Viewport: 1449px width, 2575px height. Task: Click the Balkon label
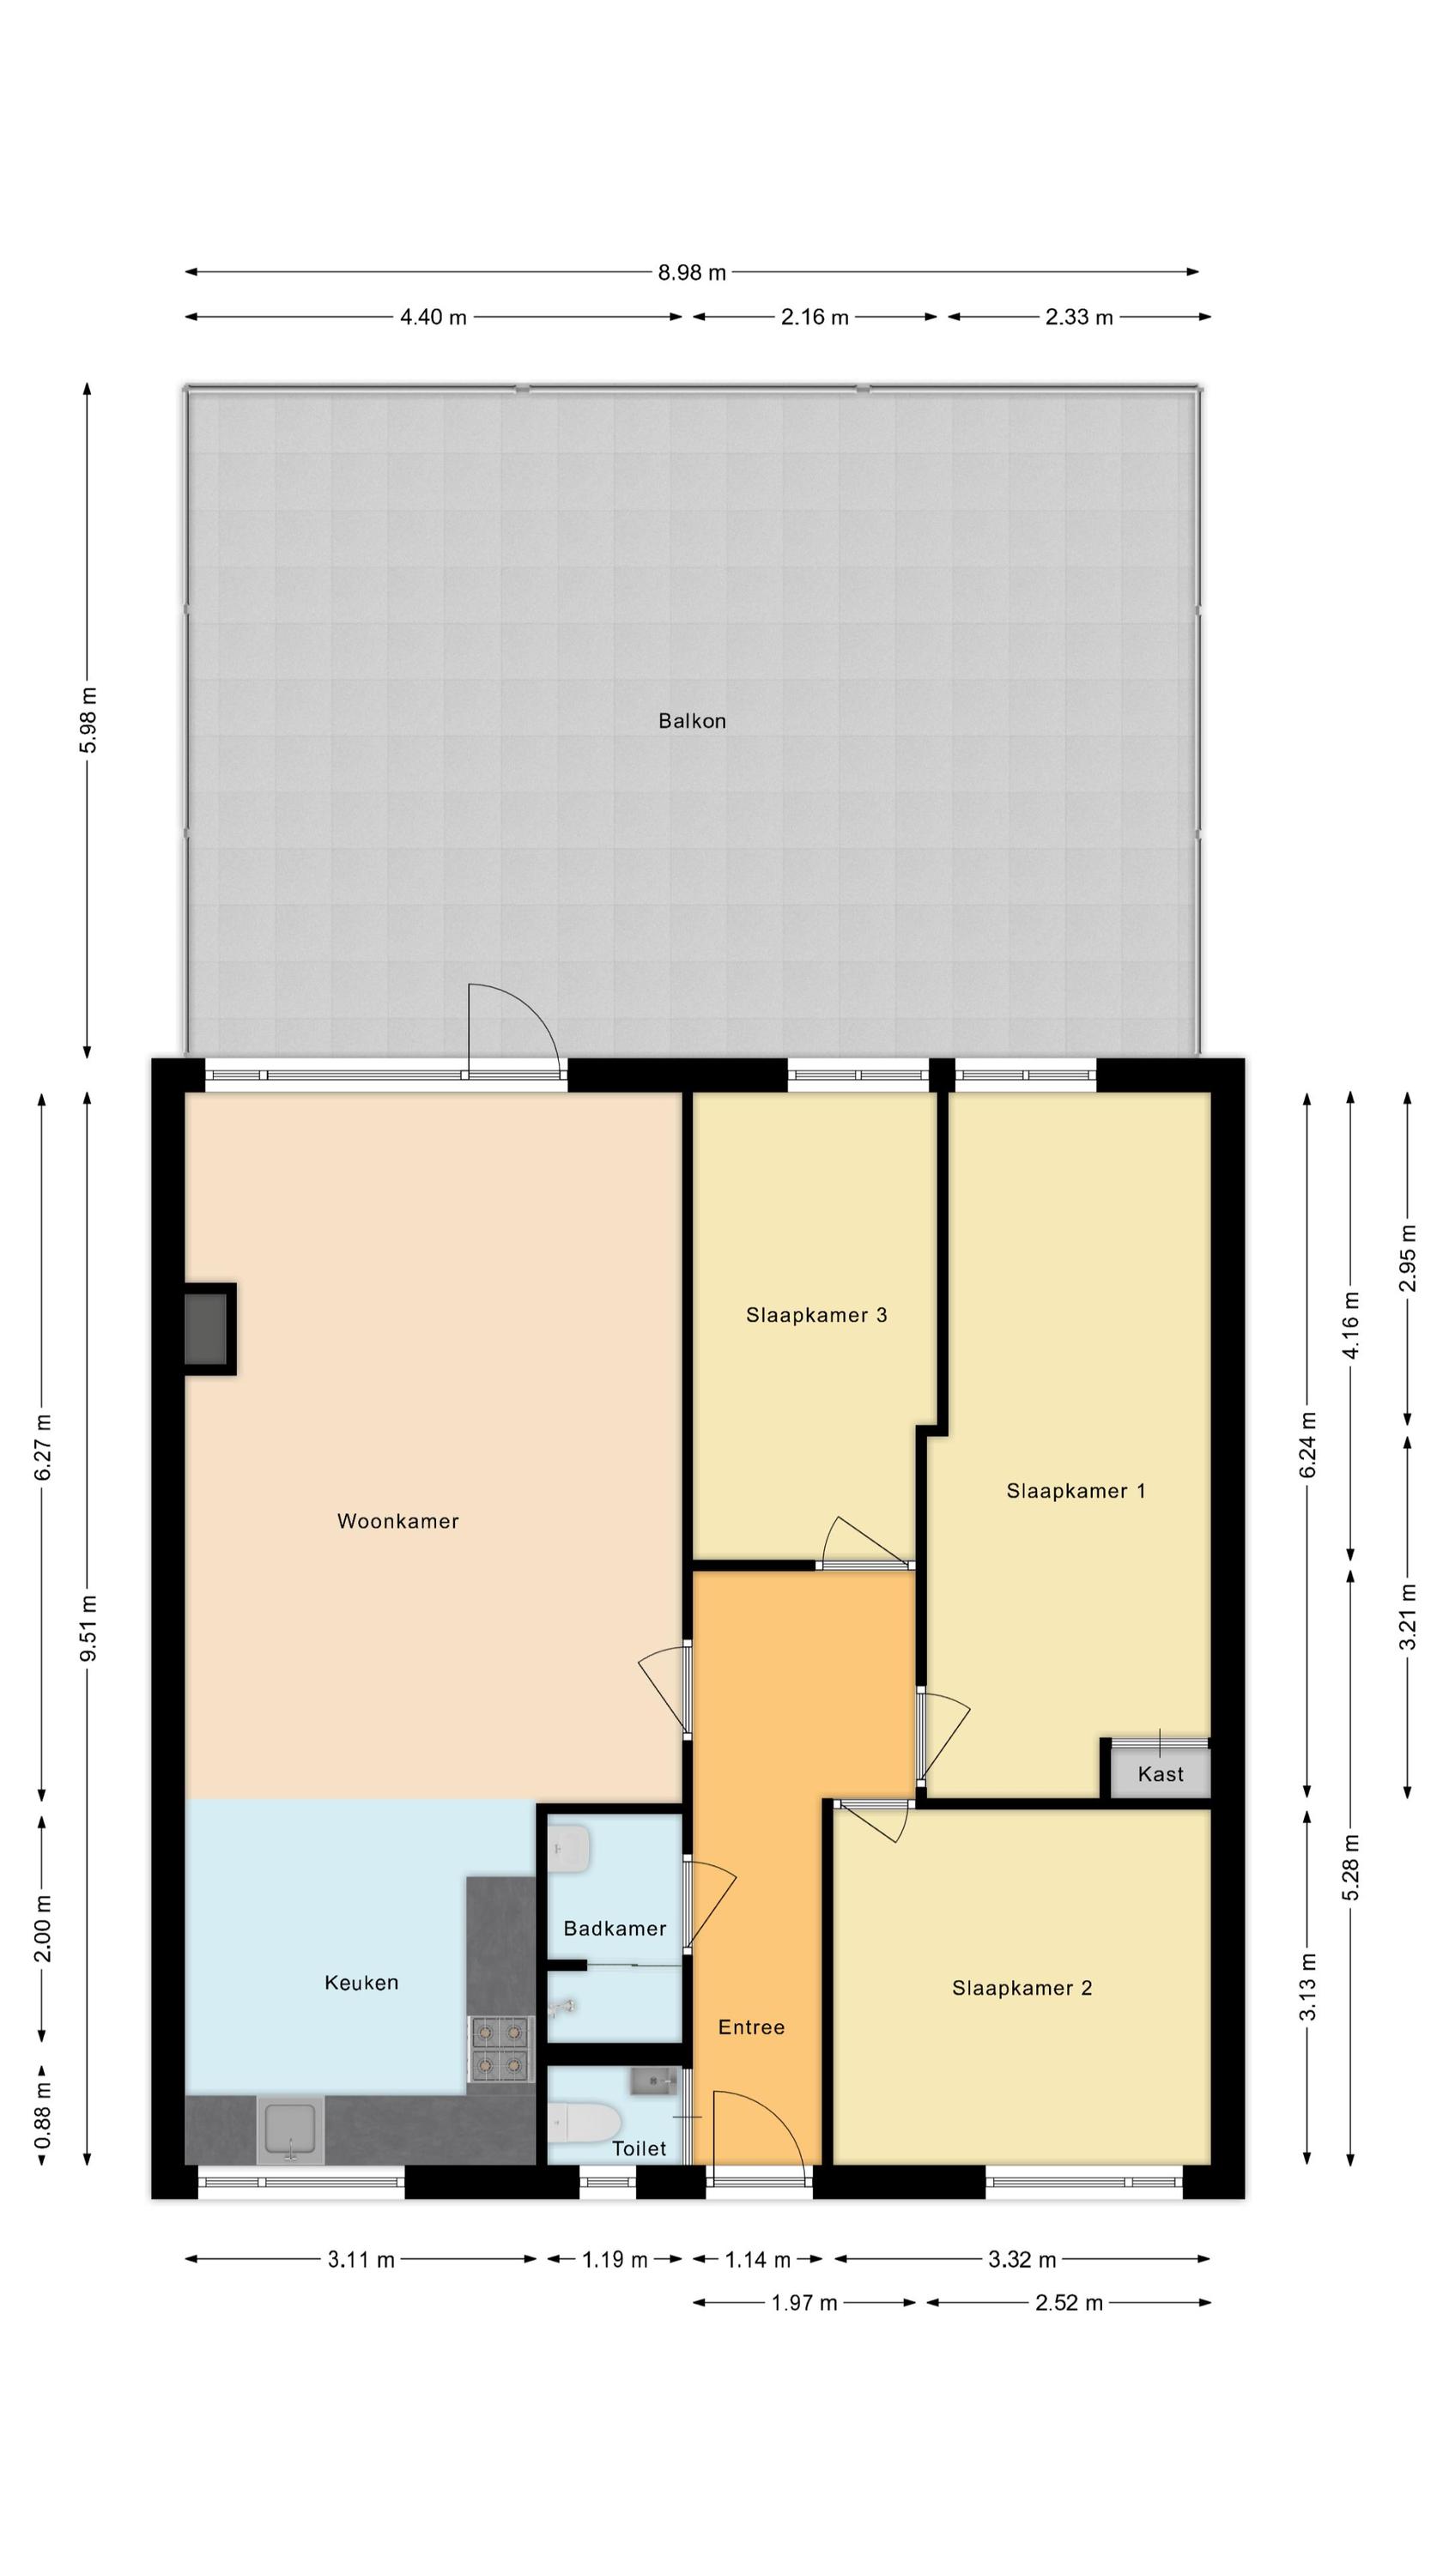691,721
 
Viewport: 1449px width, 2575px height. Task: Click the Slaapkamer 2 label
1022,1988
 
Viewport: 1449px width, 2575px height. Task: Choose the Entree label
751,2027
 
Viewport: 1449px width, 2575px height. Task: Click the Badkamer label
614,1929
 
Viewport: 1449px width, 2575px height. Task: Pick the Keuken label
361,1982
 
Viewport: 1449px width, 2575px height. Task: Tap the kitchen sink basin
290,2130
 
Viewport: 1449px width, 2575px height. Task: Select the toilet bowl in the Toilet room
583,2121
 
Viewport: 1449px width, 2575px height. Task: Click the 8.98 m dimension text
691,272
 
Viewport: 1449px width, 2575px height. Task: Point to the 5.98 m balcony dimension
88,721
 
